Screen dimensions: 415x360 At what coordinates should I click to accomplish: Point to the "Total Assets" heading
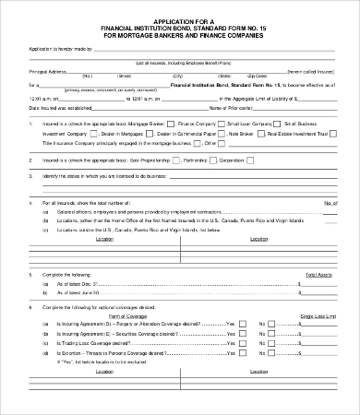318,275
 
